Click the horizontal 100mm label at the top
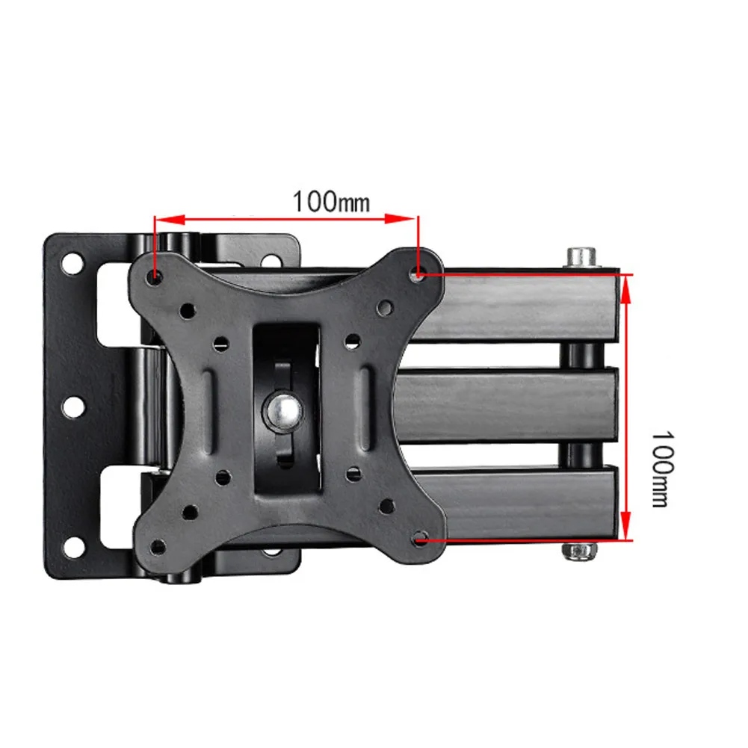click(x=331, y=202)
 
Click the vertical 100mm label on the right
click(x=663, y=469)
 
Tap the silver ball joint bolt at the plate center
click(x=284, y=411)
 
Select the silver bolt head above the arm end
click(x=581, y=258)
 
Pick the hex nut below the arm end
click(x=579, y=551)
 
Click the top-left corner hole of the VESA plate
click(x=154, y=276)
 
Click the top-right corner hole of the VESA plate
click(x=418, y=273)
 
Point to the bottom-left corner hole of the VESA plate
click(x=158, y=547)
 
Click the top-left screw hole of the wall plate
click(x=72, y=264)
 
